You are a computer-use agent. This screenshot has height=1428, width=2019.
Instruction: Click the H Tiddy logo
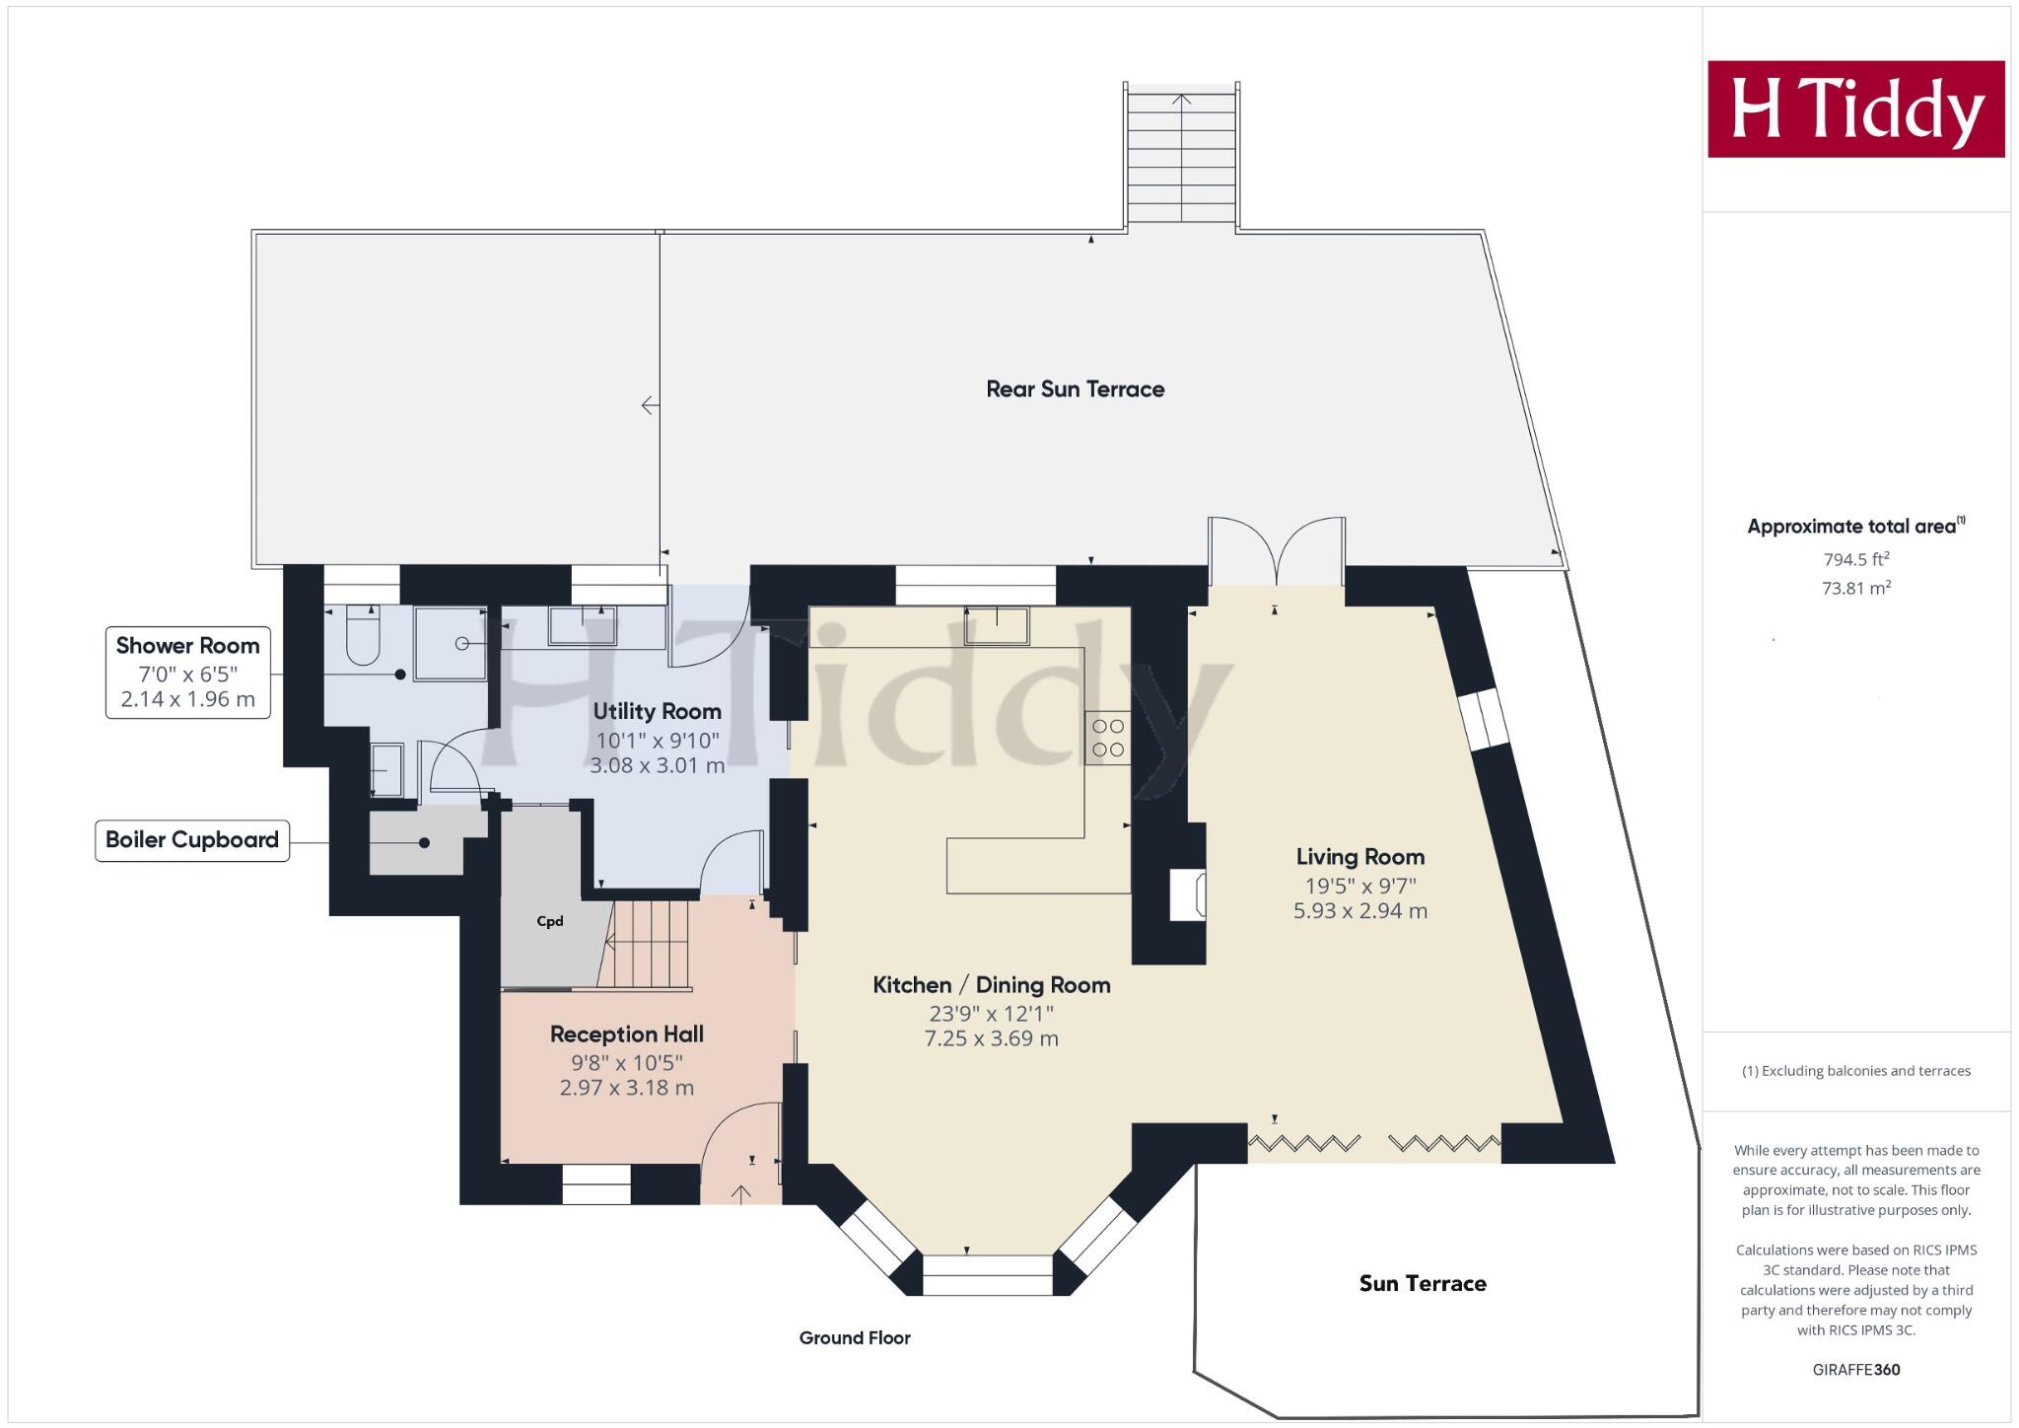(1855, 108)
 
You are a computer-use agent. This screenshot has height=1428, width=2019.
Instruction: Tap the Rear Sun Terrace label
(1075, 390)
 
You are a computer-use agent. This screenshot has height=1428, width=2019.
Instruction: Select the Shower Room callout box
(187, 672)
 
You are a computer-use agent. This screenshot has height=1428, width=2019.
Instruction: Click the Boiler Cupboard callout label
(192, 840)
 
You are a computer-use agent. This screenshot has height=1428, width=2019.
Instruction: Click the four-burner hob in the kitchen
(1107, 738)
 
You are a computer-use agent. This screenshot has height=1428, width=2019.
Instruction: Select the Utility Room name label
(657, 711)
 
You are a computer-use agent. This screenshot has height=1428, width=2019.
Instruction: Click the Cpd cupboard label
(549, 921)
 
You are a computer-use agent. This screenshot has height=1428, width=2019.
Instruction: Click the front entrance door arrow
(741, 1193)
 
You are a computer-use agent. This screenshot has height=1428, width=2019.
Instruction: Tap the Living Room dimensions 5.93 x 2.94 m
(1359, 911)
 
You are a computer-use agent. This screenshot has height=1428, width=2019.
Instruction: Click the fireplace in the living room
(1187, 894)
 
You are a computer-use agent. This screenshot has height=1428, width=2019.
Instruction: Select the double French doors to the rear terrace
(1277, 552)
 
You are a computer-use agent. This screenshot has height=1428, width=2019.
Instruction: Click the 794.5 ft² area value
(1855, 559)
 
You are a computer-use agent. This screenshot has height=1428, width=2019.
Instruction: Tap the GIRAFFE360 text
(1855, 1370)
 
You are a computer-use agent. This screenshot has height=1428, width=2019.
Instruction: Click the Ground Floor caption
(855, 1338)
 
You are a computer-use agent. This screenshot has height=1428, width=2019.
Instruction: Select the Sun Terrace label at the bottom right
(1422, 1283)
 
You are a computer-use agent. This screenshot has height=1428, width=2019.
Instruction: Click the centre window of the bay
(987, 1274)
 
